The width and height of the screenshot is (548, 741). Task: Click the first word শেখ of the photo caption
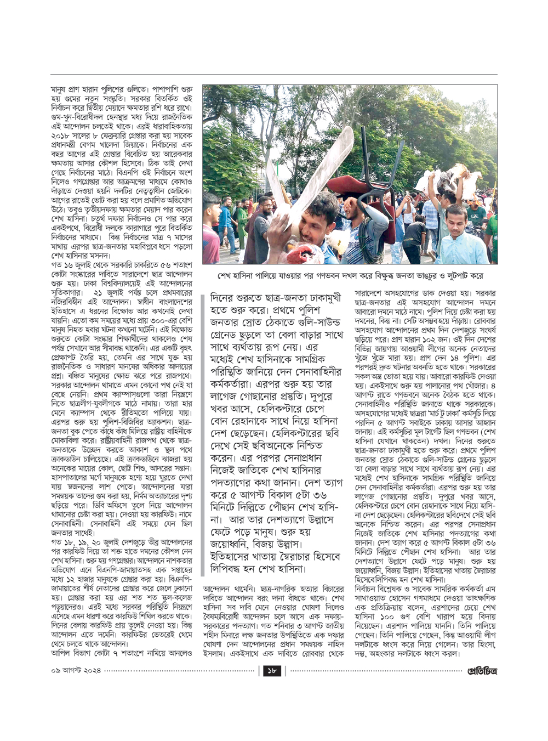pos(224,275)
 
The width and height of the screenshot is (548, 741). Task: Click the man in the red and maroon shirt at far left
pos(209,230)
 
